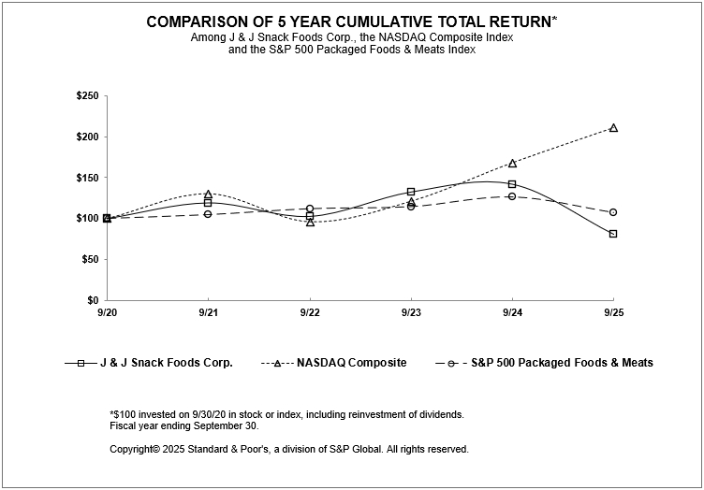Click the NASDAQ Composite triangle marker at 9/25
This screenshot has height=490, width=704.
tap(613, 127)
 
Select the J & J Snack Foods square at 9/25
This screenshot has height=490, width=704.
tap(613, 234)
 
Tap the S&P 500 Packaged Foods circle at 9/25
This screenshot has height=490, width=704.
tap(613, 212)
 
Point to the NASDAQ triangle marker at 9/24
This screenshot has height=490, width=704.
tap(512, 163)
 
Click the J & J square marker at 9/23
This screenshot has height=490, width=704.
tap(411, 192)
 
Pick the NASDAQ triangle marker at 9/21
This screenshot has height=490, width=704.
tap(208, 195)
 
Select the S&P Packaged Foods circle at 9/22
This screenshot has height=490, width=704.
tap(310, 209)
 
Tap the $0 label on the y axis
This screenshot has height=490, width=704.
tap(94, 300)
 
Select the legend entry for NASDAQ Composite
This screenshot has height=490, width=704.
tap(353, 363)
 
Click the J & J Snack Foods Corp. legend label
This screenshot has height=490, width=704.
tap(167, 363)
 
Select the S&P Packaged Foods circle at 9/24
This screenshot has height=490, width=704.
tap(512, 196)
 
